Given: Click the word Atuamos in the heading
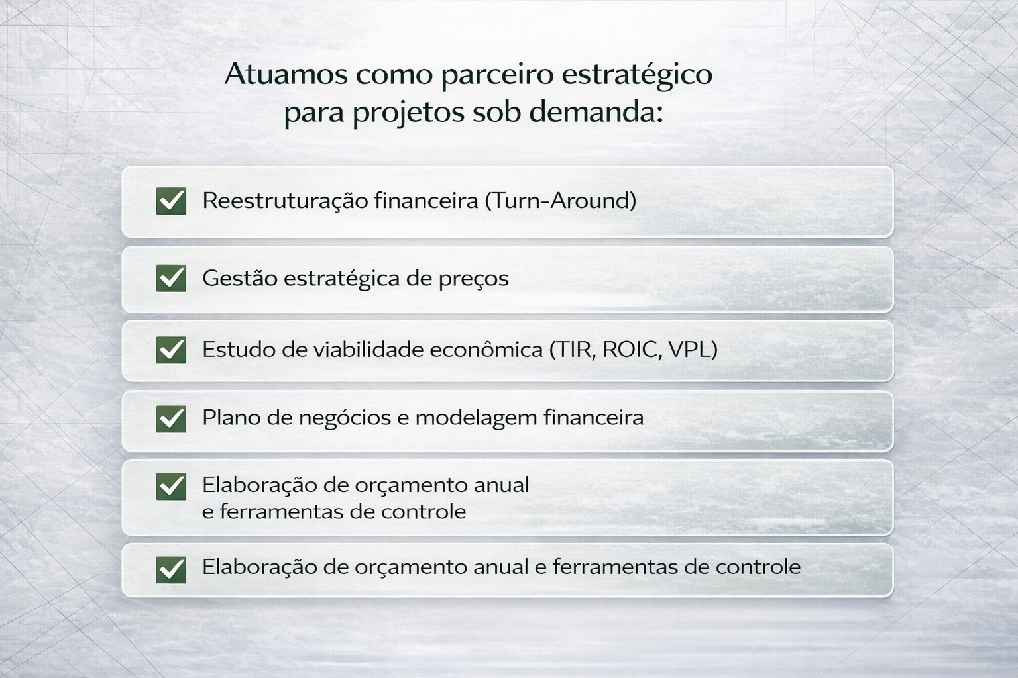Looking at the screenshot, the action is (286, 74).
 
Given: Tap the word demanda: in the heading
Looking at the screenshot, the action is (596, 112).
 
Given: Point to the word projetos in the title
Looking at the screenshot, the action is (408, 114).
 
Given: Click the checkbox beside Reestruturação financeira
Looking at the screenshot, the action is (171, 201).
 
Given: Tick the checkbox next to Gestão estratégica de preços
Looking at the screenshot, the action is (171, 278).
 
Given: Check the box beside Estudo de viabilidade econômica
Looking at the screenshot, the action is (171, 350).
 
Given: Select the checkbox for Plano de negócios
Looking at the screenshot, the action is (171, 418).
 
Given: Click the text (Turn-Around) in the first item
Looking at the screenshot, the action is (560, 200).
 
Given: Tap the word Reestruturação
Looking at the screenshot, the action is (285, 201).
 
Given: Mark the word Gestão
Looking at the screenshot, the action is (239, 278).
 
